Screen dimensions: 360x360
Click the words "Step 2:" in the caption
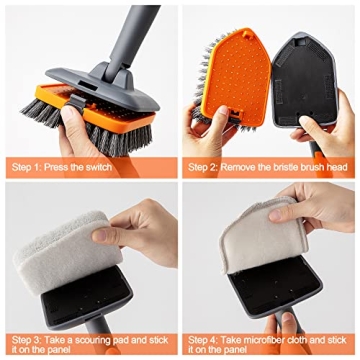coord(207,165)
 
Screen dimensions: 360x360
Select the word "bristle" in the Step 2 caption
coord(289,165)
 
